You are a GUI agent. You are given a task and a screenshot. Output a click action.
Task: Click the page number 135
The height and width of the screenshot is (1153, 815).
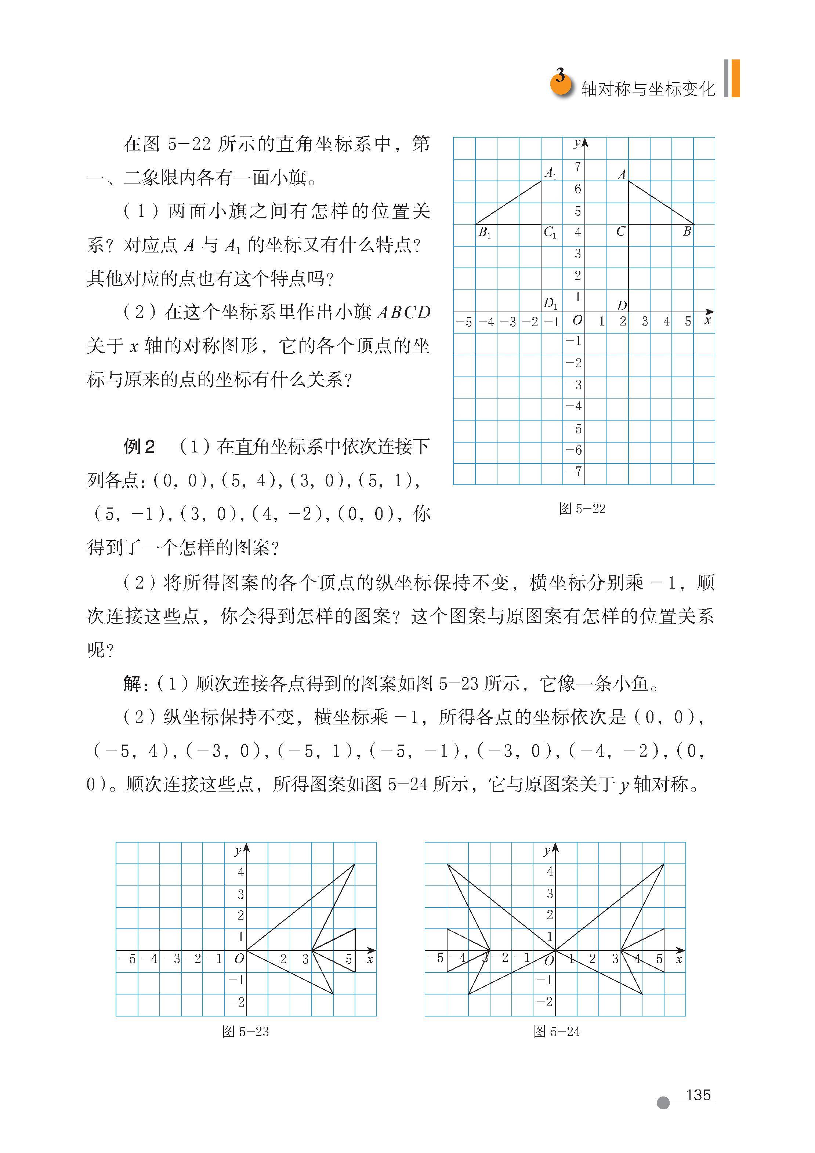coord(698,1095)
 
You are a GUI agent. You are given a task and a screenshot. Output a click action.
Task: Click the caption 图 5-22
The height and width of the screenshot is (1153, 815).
coord(582,509)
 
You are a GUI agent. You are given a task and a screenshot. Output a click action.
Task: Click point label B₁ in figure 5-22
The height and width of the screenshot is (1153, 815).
coord(484,233)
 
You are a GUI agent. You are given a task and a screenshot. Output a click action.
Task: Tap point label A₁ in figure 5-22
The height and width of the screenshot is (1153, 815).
coord(551,174)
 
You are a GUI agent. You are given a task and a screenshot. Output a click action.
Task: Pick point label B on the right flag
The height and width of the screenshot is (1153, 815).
coord(687,232)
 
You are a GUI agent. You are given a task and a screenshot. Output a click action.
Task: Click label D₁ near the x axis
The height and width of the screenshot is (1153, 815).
coord(550,303)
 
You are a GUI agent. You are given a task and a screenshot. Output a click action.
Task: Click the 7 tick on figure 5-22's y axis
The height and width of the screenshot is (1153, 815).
coord(578,166)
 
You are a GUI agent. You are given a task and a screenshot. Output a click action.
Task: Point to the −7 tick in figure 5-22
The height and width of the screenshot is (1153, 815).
coord(574,471)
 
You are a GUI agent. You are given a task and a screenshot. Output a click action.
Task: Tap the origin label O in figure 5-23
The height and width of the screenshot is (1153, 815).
coord(239,958)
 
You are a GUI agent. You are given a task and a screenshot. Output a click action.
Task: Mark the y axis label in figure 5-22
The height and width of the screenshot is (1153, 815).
coord(577,144)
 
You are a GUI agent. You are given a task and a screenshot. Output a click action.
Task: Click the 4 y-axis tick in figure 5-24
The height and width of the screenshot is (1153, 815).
coord(550,871)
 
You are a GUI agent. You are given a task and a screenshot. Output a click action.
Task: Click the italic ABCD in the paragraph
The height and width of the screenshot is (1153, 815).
coord(403,312)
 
